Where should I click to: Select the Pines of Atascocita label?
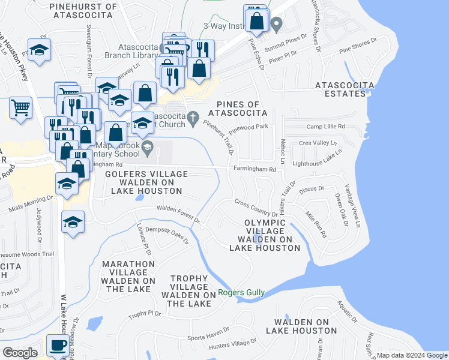237,107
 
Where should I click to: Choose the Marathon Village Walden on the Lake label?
128,277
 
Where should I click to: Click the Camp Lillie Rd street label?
326,127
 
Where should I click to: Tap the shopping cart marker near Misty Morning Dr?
20,109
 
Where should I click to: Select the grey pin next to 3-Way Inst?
276,25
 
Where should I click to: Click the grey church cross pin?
192,118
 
